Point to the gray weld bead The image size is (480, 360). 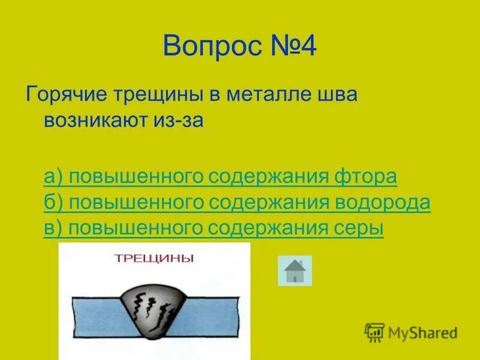pos(155,306)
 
